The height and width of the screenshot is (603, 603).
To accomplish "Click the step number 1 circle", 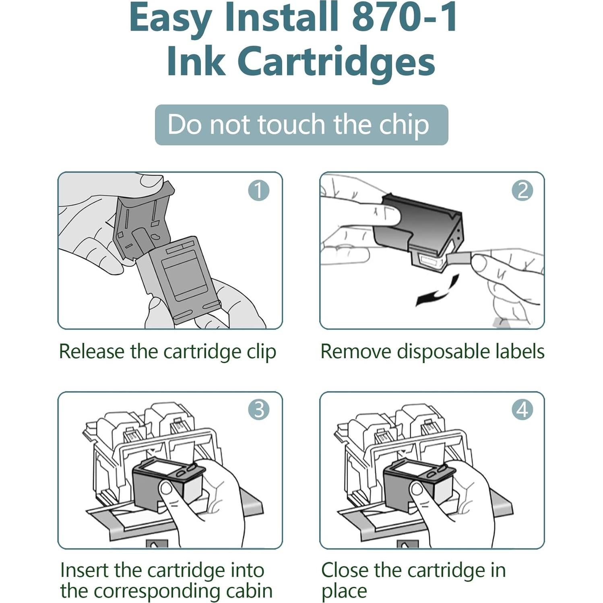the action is (x=258, y=190).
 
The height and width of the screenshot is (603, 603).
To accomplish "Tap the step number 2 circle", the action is (x=522, y=190).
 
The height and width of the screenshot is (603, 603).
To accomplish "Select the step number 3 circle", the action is (x=258, y=410).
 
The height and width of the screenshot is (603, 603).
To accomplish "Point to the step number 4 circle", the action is (x=522, y=410).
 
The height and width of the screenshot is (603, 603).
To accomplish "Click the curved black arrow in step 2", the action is (x=441, y=292).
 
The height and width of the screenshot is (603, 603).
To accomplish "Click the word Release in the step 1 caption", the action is (x=92, y=351).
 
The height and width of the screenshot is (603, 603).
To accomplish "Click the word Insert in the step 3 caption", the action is (x=84, y=570).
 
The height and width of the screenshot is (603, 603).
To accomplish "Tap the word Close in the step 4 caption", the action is (x=345, y=570).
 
